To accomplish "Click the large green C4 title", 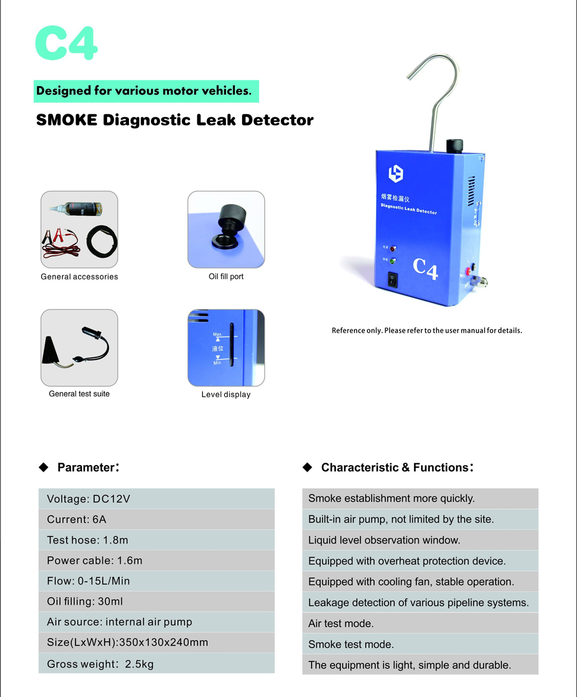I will click(x=66, y=43).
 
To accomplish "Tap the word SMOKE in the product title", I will click(x=67, y=120).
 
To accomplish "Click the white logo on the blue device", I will click(x=396, y=174).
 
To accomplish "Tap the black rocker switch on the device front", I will click(x=393, y=279).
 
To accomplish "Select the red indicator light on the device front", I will click(x=393, y=248).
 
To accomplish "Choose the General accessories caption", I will click(x=79, y=277).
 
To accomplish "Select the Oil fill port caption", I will click(x=226, y=277).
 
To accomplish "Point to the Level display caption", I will click(x=226, y=394).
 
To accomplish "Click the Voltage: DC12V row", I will click(x=156, y=499).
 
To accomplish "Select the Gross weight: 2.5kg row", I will click(x=156, y=664).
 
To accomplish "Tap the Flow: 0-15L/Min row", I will click(x=156, y=581).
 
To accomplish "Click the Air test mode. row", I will click(x=420, y=623).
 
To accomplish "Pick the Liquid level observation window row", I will click(x=420, y=540).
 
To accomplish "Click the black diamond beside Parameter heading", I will click(x=43, y=467).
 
